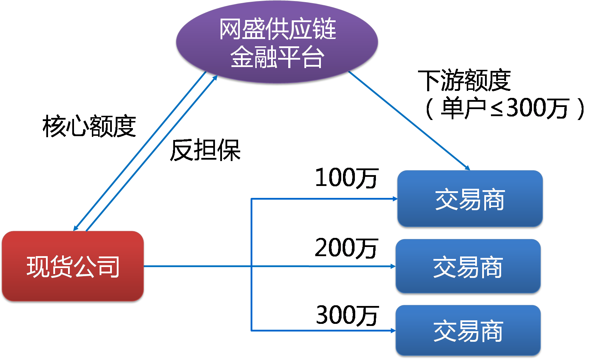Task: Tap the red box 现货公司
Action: (73, 266)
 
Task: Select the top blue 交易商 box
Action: (470, 199)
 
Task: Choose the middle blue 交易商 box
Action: (468, 266)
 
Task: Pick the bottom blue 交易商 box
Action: (468, 331)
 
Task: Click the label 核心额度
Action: (89, 126)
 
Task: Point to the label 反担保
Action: (205, 150)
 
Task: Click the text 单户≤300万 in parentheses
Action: (505, 108)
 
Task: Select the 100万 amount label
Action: (346, 178)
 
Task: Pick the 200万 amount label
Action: (346, 248)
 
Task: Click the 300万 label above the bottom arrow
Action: (347, 315)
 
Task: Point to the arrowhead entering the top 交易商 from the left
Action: (395, 199)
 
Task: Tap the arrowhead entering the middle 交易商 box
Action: (393, 266)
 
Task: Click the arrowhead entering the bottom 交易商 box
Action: (393, 331)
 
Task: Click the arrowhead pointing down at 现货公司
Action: (75, 228)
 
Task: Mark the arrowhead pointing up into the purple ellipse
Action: (215, 78)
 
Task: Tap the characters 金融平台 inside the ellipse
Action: (277, 57)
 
